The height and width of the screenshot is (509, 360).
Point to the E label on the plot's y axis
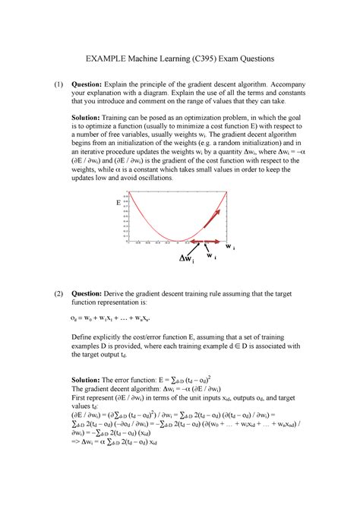[x=118, y=204]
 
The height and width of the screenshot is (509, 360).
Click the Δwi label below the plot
[x=186, y=261]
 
